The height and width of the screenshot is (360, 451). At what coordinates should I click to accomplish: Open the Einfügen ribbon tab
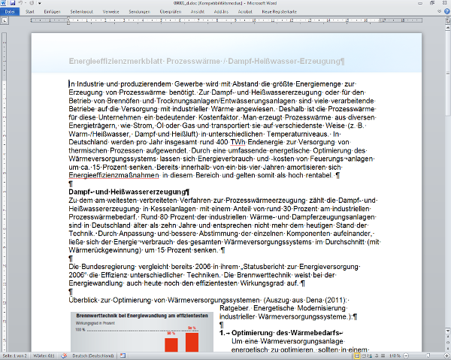(x=53, y=13)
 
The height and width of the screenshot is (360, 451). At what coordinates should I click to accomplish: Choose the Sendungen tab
(x=139, y=13)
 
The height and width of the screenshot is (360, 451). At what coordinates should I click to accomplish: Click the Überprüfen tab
(x=171, y=13)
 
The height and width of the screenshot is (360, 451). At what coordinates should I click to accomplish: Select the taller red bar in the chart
(x=192, y=339)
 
